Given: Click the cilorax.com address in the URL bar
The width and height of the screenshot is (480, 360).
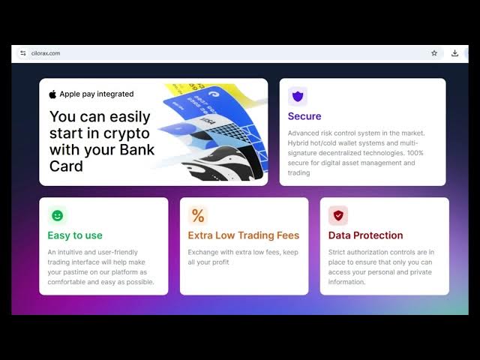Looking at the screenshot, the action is [x=46, y=53].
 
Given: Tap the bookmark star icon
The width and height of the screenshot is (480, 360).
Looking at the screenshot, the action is [x=434, y=53].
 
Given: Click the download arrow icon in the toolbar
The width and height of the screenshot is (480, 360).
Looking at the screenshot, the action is [x=455, y=53].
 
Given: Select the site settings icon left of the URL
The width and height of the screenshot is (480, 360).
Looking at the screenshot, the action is [x=23, y=53].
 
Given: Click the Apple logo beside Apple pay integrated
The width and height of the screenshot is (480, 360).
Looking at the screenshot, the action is [x=52, y=94].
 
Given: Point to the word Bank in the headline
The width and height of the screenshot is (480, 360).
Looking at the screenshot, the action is [x=136, y=150].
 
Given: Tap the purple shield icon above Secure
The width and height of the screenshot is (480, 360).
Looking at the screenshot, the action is [x=298, y=97].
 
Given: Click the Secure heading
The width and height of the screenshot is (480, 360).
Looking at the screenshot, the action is [x=304, y=116].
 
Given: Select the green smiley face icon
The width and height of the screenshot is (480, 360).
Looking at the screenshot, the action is [x=57, y=215].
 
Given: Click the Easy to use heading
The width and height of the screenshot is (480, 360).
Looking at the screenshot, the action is [x=75, y=235].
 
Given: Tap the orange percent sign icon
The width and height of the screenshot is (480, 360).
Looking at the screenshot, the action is [x=198, y=215].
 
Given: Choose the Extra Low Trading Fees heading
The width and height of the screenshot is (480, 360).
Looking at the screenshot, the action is [x=244, y=235].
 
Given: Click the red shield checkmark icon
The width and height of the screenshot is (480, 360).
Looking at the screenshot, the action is [x=338, y=215].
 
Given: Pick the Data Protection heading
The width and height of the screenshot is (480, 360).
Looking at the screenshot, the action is [x=365, y=235].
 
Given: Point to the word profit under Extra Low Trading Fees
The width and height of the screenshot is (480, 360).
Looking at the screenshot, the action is [x=220, y=262].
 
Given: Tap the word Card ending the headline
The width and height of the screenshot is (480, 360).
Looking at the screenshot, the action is [x=66, y=166].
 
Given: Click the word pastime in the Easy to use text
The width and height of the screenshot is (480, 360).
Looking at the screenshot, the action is [x=76, y=272].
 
